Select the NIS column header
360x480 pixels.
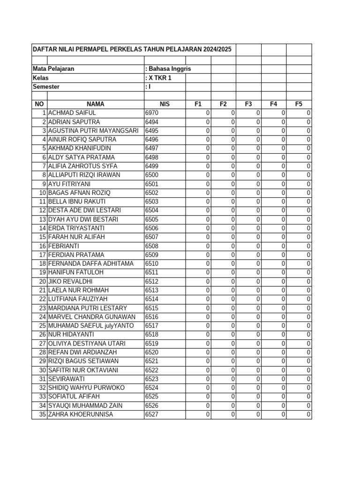click(x=165, y=104)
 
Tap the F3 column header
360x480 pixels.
click(x=248, y=104)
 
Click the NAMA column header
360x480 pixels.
click(x=95, y=104)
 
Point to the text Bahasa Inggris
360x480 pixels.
click(x=170, y=69)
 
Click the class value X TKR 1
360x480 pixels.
click(x=160, y=78)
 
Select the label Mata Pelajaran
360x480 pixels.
click(x=53, y=69)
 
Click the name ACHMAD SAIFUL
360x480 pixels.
click(x=72, y=113)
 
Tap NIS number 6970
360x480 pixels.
click(x=152, y=113)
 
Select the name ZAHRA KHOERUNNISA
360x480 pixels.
click(x=81, y=414)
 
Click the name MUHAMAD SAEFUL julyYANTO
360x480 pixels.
click(x=91, y=326)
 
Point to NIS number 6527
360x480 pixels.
click(x=152, y=414)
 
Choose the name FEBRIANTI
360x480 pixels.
click(x=64, y=246)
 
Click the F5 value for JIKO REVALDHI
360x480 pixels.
click(x=308, y=282)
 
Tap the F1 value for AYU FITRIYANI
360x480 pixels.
click(x=208, y=184)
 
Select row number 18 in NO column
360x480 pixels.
click(x=42, y=264)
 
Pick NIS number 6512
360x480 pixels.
click(x=152, y=282)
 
